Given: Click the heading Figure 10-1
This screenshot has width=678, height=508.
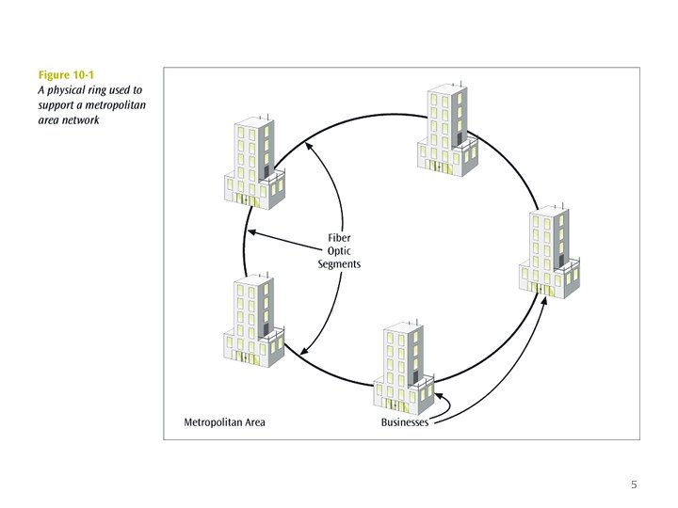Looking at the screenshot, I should pyautogui.click(x=65, y=74).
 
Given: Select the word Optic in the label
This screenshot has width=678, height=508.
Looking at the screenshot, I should pyautogui.click(x=339, y=251).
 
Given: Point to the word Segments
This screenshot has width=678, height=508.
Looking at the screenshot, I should pyautogui.click(x=339, y=265).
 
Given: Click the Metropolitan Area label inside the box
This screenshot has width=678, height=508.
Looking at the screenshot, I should pyautogui.click(x=225, y=422).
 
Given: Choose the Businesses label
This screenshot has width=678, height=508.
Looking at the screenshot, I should pyautogui.click(x=405, y=422).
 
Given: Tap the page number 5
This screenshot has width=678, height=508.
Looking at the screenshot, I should pyautogui.click(x=634, y=485).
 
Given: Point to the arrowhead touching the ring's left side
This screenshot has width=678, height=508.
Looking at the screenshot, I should pyautogui.click(x=251, y=232).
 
